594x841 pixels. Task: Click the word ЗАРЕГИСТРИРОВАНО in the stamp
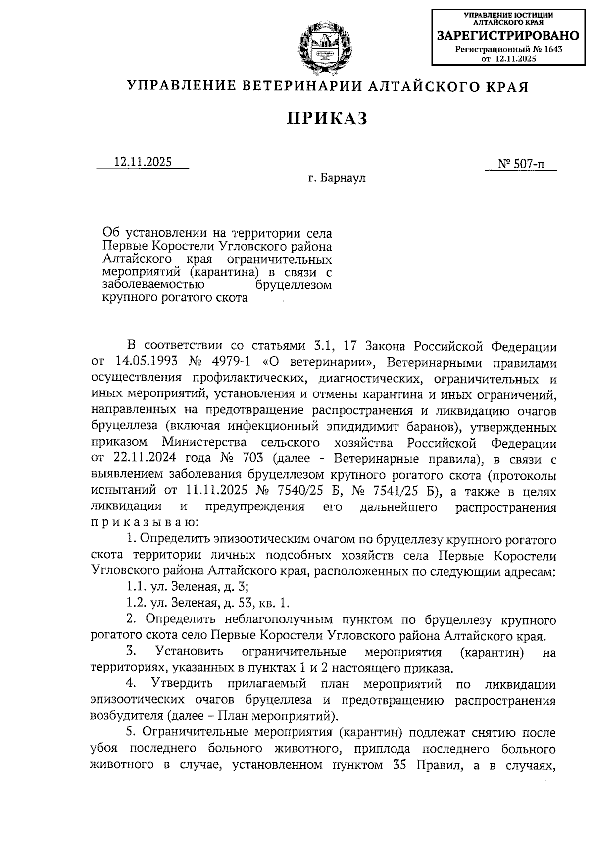click(x=508, y=36)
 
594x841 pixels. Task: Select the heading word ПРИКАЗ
click(x=327, y=118)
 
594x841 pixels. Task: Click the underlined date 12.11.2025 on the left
click(x=143, y=162)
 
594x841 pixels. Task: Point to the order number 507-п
click(x=529, y=164)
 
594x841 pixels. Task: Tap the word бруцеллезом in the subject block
click(x=294, y=285)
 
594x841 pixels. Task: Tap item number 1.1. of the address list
click(x=135, y=588)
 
